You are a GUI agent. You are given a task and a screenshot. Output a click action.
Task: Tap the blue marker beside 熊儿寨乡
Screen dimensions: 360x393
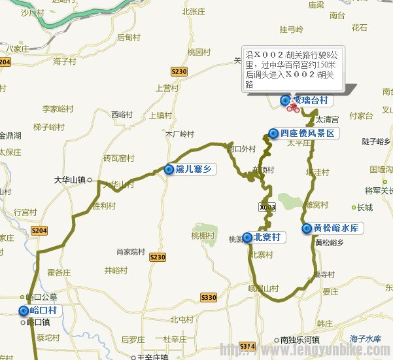tap(169, 170)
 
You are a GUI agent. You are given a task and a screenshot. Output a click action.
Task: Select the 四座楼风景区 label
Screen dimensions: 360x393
tap(307, 134)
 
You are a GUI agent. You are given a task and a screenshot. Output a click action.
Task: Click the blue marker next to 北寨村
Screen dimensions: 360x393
tap(247, 237)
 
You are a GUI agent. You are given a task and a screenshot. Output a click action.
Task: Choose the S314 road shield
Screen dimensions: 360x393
tap(247, 346)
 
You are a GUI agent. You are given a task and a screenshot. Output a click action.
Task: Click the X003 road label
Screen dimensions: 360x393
tap(267, 207)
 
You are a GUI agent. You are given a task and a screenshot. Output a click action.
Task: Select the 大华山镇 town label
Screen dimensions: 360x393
tap(71, 180)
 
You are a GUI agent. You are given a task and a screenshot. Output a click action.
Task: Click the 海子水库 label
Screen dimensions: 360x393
tap(365, 338)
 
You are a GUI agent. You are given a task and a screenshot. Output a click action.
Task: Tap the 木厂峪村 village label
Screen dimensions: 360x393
tap(180, 135)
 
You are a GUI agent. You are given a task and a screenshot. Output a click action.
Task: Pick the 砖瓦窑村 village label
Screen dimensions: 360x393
tap(118, 158)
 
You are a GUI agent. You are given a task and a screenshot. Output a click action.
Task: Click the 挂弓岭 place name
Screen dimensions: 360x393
tap(292, 29)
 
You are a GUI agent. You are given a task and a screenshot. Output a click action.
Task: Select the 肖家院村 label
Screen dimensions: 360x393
tap(130, 251)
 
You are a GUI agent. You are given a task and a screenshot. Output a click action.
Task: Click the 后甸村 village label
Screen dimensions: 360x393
tap(129, 37)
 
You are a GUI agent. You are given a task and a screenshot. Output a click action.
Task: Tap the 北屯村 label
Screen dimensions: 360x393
tap(182, 319)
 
